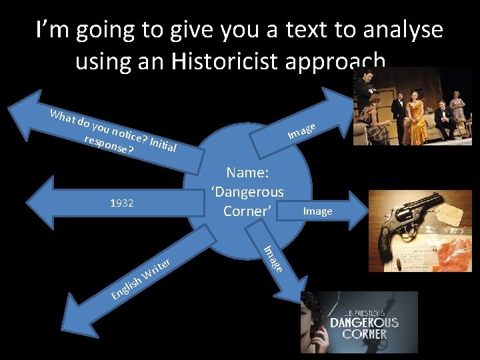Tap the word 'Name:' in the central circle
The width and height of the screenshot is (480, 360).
(x=247, y=173)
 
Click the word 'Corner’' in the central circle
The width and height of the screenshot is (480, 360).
(x=247, y=211)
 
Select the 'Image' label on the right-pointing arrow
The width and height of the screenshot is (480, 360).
(x=317, y=211)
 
